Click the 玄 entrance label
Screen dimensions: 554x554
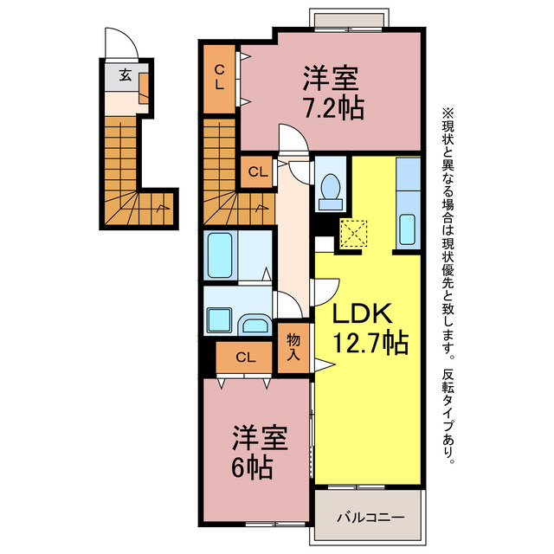click(x=126, y=75)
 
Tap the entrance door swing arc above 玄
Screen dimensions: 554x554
click(x=119, y=42)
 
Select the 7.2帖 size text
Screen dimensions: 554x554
click(x=332, y=108)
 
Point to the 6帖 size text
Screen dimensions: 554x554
click(x=253, y=468)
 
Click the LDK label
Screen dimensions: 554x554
click(x=360, y=314)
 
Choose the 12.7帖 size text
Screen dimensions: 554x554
click(x=370, y=344)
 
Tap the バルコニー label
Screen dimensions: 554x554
click(x=369, y=517)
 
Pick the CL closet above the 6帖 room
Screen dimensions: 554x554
click(x=245, y=356)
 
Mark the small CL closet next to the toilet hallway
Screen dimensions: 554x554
click(x=256, y=171)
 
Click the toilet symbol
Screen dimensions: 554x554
click(x=329, y=190)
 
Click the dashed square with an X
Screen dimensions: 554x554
click(x=354, y=233)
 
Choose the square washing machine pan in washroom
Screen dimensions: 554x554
click(x=220, y=312)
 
